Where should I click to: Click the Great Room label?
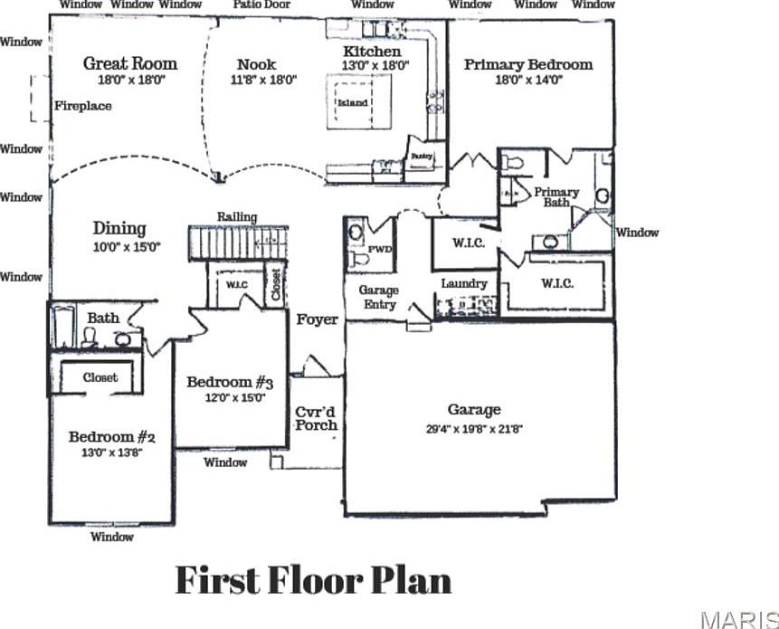(x=129, y=63)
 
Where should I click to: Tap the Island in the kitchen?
(x=353, y=102)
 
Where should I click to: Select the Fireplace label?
(x=82, y=106)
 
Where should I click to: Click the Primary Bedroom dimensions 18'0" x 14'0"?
(x=528, y=80)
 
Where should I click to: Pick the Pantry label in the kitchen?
(x=422, y=156)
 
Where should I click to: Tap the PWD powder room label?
(x=379, y=250)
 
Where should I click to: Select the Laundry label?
(x=464, y=283)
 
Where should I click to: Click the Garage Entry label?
(x=379, y=297)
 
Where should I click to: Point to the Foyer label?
(x=317, y=319)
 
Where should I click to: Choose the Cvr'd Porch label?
(x=317, y=418)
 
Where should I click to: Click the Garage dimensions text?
(x=474, y=429)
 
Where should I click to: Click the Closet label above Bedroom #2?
(x=100, y=377)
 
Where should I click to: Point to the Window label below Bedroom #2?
(x=112, y=537)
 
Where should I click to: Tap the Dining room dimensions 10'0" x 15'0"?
(x=120, y=246)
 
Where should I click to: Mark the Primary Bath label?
(x=556, y=196)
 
